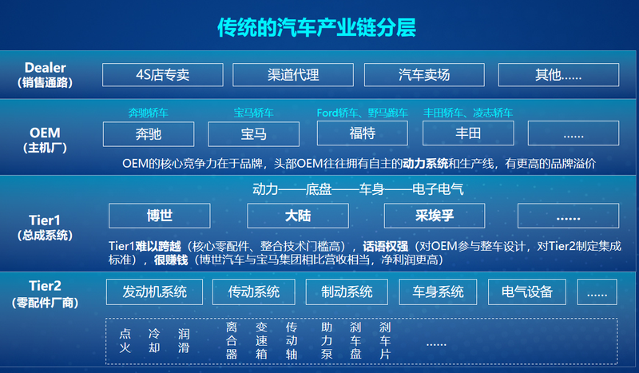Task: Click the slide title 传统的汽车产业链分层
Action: [x=316, y=28]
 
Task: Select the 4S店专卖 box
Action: [x=163, y=74]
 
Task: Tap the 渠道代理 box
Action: [x=293, y=74]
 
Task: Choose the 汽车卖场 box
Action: [x=424, y=74]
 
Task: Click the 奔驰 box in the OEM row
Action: [x=149, y=134]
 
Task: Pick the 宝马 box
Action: [x=253, y=134]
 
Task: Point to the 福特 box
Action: [x=363, y=133]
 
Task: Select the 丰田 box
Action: [x=468, y=133]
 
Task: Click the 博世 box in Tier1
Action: [x=159, y=216]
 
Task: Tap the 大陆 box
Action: [x=298, y=216]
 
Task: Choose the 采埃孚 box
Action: [x=435, y=216]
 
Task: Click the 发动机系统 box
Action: [x=154, y=292]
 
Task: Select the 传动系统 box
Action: [x=253, y=292]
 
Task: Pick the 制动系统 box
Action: [x=347, y=292]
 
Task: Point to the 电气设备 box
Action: [x=527, y=292]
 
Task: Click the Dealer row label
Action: [x=46, y=75]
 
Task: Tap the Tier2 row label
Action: [x=46, y=294]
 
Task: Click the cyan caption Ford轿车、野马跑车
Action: [x=363, y=113]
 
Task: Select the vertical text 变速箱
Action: [x=261, y=341]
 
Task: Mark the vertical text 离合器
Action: [x=232, y=341]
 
